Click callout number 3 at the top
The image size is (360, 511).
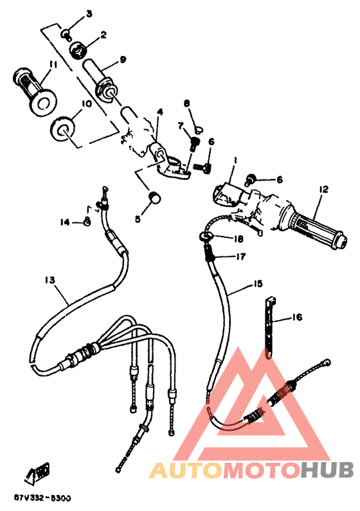click(89, 13)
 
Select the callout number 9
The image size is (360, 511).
click(122, 59)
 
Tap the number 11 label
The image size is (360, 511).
click(52, 64)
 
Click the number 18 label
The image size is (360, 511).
click(239, 239)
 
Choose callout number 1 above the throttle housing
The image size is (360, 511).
click(235, 160)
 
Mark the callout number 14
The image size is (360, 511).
click(64, 222)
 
